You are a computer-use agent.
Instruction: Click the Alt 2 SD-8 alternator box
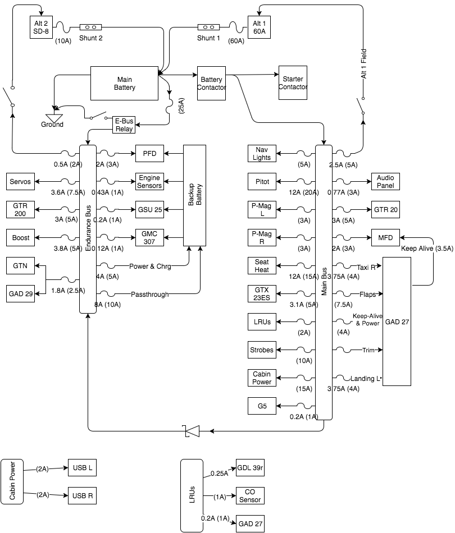click(x=40, y=27)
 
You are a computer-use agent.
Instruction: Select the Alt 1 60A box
click(x=259, y=27)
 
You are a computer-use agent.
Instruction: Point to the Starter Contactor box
click(x=293, y=84)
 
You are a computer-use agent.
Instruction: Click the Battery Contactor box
click(x=211, y=84)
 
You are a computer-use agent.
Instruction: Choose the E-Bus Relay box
click(x=124, y=125)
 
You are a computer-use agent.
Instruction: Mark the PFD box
click(x=149, y=154)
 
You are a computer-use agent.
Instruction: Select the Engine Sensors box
click(x=149, y=182)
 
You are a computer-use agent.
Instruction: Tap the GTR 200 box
click(x=20, y=210)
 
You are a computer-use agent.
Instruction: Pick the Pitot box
click(x=262, y=182)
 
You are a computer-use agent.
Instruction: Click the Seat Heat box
click(x=262, y=266)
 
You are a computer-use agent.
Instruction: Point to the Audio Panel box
click(x=385, y=182)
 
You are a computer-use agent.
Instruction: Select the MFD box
click(x=385, y=238)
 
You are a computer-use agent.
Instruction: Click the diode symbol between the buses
click(x=192, y=431)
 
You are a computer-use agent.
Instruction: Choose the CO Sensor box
click(x=250, y=496)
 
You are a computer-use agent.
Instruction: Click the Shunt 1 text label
click(x=209, y=38)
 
